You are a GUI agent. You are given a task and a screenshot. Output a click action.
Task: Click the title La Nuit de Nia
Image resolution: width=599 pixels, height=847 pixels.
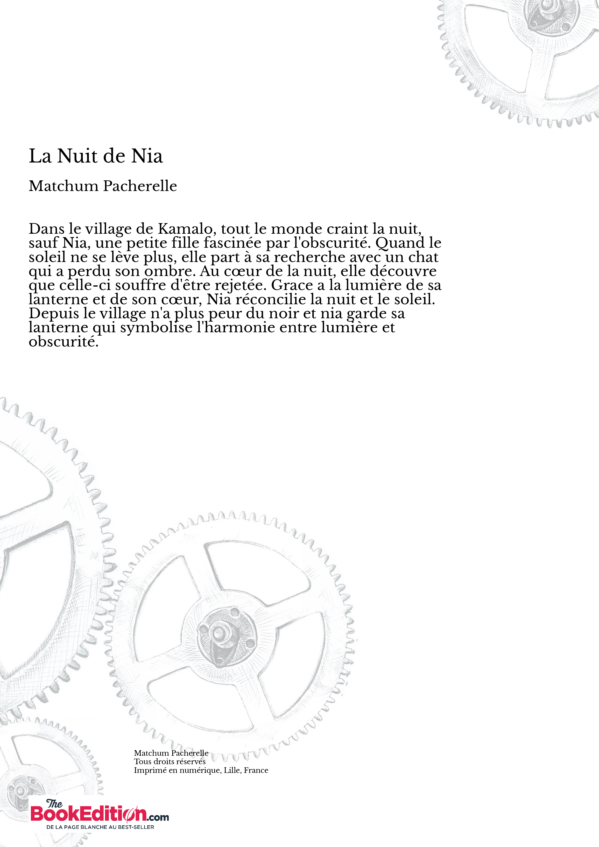click(96, 156)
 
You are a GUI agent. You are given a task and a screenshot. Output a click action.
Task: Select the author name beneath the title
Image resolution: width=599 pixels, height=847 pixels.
click(103, 186)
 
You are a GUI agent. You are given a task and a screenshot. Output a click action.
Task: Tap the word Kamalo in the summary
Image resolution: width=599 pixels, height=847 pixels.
click(186, 229)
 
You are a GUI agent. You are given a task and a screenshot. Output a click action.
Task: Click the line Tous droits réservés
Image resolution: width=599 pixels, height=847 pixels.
click(170, 762)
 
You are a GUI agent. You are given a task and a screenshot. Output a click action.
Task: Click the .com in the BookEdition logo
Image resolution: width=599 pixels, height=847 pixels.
click(158, 817)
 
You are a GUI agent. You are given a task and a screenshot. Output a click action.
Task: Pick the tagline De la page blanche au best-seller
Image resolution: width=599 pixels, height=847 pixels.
click(100, 827)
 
